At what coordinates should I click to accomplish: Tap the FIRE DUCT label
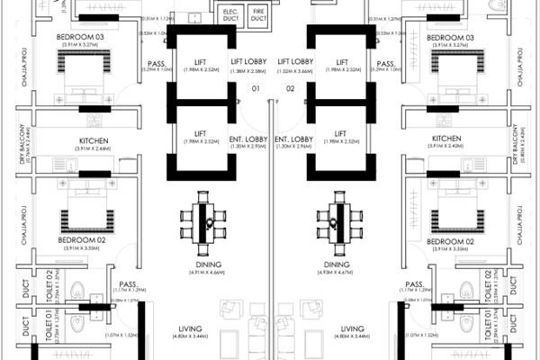click(x=260, y=14)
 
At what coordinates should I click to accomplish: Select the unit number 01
click(x=255, y=89)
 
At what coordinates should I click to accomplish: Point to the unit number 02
click(x=290, y=89)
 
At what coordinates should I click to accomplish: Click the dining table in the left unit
click(x=205, y=220)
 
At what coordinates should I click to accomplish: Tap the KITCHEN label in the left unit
click(x=94, y=140)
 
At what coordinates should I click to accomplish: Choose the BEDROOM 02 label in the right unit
click(x=450, y=242)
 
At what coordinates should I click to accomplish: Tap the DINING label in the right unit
click(x=337, y=265)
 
